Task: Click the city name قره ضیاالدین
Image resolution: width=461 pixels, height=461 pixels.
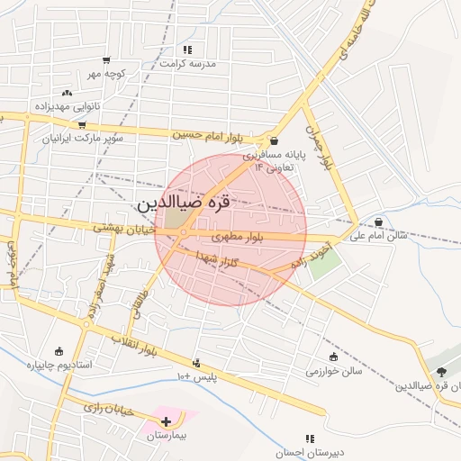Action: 184,204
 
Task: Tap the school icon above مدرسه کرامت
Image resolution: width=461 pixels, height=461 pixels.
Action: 187,50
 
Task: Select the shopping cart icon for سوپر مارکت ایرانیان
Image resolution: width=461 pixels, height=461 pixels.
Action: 82,125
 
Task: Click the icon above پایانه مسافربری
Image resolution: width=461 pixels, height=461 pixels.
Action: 274,141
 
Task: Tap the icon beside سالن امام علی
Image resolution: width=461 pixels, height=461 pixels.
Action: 378,221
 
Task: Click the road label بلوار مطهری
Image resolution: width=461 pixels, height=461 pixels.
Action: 238,237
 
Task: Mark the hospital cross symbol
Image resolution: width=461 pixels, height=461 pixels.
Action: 166,420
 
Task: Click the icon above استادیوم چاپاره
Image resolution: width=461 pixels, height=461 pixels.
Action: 59,351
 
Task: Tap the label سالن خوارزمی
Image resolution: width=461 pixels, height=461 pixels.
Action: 333,371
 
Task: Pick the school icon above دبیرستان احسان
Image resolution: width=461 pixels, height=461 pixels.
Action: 310,438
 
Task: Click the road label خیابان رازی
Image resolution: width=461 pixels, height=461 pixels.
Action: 108,410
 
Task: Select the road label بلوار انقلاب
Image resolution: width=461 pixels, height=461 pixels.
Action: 134,346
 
